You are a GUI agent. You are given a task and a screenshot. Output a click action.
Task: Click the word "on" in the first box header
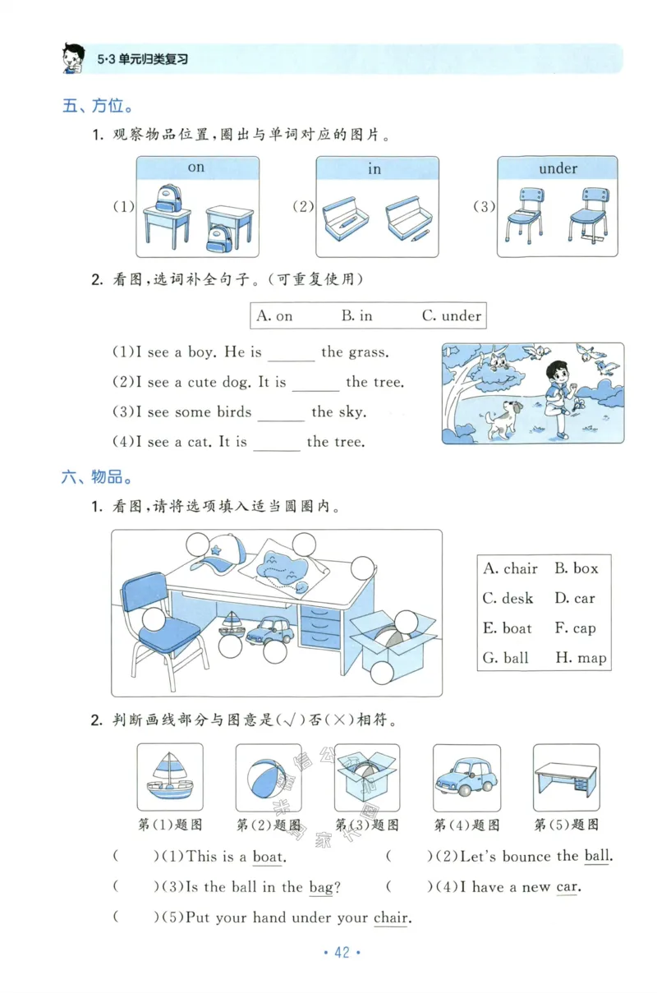tap(195, 168)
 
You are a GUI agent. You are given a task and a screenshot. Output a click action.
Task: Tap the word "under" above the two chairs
tap(558, 168)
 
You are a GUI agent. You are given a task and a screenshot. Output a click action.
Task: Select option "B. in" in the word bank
tap(356, 315)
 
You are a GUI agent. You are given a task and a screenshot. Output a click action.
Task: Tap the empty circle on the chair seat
tap(153, 620)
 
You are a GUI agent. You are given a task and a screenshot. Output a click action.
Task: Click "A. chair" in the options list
tap(510, 568)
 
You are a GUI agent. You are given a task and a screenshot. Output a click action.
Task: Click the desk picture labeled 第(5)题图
tap(566, 777)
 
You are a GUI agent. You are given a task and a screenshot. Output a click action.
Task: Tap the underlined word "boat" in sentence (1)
tap(267, 857)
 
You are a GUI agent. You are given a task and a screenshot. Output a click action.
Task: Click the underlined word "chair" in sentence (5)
tap(390, 918)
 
